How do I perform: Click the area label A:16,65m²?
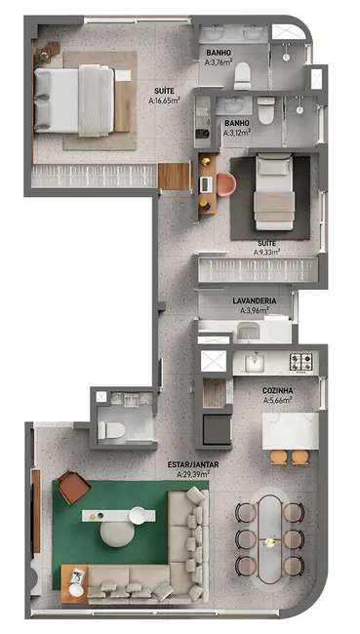pos(164,100)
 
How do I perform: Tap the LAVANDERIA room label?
pos(255,300)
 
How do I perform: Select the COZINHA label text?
pos(277,390)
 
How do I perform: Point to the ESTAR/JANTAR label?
pos(193,465)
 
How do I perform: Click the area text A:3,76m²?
pos(219,62)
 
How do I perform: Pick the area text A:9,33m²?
pos(267,253)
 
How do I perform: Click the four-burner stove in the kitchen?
pos(300,362)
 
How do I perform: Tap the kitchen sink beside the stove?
pos(255,362)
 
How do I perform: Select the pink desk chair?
pos(226,184)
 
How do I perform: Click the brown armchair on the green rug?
pos(73,487)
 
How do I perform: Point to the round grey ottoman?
pos(117,534)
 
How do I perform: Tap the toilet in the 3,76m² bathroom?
pos(243,76)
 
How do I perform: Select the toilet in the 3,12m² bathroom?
pos(266,110)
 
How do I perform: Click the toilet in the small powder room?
pos(111,430)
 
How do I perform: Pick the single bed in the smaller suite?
pos(274,192)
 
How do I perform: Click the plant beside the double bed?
pos(42,57)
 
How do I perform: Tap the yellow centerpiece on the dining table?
pos(269,542)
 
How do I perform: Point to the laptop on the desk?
pos(206,184)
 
